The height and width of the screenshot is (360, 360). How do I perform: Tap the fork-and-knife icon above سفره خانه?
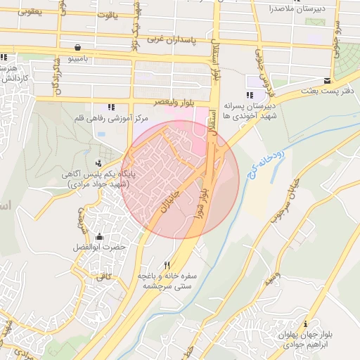167,266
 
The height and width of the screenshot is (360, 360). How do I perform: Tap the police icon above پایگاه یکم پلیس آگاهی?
107,153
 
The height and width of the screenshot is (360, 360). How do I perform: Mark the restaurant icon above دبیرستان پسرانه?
249,95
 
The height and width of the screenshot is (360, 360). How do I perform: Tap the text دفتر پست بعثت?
328,91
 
